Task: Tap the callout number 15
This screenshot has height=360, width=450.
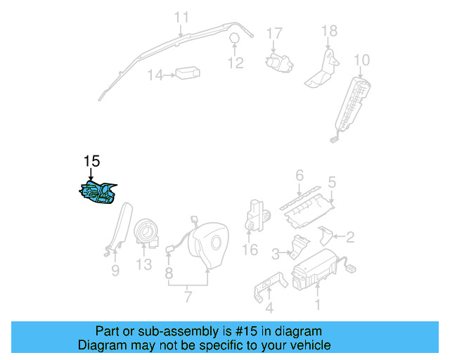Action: [91, 161]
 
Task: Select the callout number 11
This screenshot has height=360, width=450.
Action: [181, 17]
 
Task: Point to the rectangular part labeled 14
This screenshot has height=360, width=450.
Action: [187, 73]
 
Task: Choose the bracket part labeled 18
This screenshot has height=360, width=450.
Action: [323, 67]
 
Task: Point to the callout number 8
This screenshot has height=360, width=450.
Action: [169, 271]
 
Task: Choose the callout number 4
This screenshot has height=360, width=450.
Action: [269, 307]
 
